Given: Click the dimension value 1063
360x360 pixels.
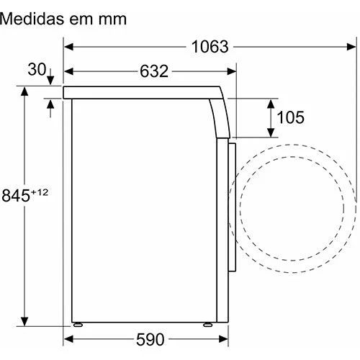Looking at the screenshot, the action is point(210,47).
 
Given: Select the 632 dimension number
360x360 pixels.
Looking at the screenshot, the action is point(154,71).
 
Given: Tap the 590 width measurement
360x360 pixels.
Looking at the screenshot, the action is point(150,339).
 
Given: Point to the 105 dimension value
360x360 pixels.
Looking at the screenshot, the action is point(291,117).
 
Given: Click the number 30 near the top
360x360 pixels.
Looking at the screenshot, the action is point(37,69).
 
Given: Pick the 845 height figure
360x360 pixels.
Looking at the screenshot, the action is point(16,195).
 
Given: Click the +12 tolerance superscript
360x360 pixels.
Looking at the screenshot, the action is point(40,192).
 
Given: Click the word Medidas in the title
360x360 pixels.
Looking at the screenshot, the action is point(32,19).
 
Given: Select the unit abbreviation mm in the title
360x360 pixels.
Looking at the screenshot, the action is point(112,19).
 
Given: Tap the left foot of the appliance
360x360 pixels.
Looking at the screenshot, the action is point(78,325).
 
